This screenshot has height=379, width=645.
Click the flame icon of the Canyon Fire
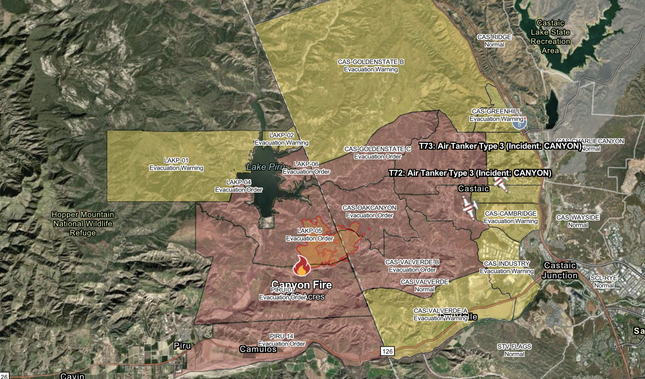pyautogui.click(x=301, y=266)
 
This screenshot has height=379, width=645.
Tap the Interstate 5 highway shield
pyautogui.click(x=519, y=124)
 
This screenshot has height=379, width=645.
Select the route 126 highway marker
pyautogui.click(x=387, y=351)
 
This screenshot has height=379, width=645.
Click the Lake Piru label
pyautogui.click(x=265, y=167)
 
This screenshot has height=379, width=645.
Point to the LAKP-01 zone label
pyautogui.click(x=176, y=164)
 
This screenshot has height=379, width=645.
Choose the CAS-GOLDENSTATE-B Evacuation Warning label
pyautogui.click(x=371, y=65)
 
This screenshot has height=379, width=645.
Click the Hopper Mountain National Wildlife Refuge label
pyautogui.click(x=83, y=224)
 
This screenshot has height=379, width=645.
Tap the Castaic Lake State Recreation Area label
pyautogui.click(x=550, y=37)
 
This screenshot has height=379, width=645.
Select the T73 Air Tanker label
pyautogui.click(x=500, y=146)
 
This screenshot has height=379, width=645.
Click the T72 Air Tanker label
pyautogui.click(x=470, y=173)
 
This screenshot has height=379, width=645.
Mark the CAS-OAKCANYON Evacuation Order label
pyautogui.click(x=369, y=211)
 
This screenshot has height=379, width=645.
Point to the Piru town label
pyautogui.click(x=182, y=346)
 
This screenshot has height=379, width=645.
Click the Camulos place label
pyautogui.click(x=258, y=349)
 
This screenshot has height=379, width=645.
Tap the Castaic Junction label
pyautogui.click(x=560, y=270)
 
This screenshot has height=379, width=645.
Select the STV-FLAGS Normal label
pyautogui.click(x=514, y=350)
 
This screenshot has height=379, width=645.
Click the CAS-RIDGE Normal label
pyautogui.click(x=494, y=40)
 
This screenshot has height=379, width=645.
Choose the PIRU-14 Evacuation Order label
pyautogui.click(x=282, y=340)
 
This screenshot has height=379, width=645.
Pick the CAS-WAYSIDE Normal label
pyautogui.click(x=578, y=221)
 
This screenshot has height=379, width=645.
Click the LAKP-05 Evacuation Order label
pyautogui.click(x=310, y=235)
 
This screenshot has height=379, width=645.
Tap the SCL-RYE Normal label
pyautogui.click(x=604, y=282)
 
